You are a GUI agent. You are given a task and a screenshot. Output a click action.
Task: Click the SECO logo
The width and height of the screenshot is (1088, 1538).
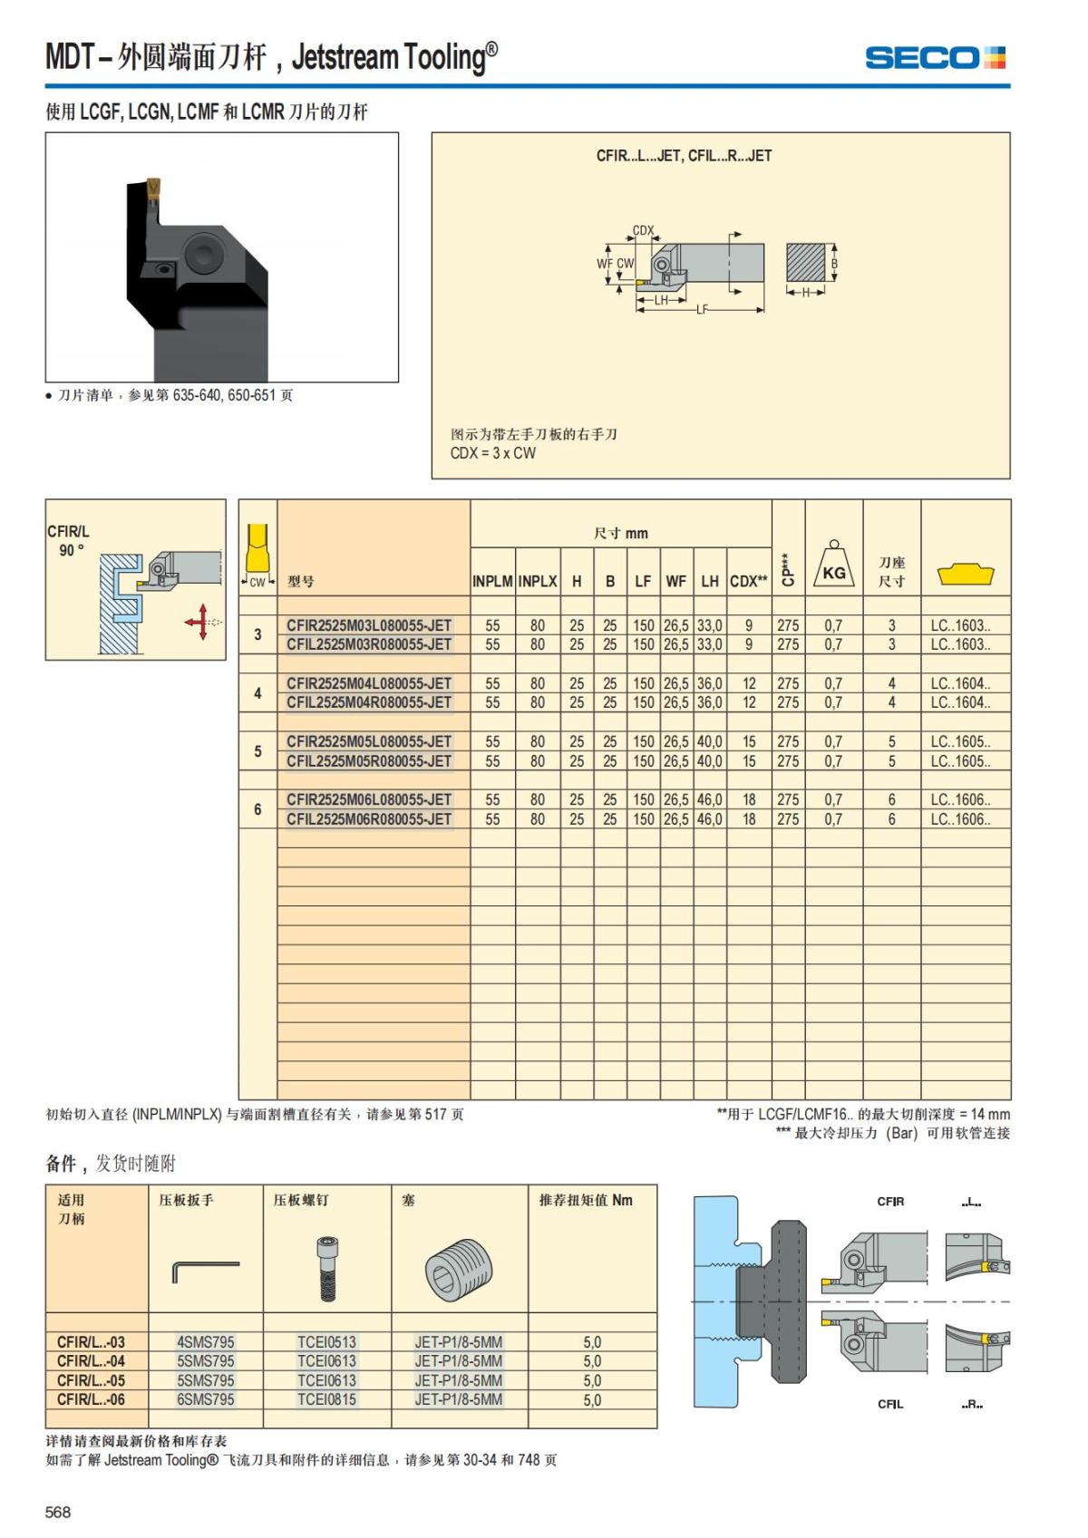coord(935,58)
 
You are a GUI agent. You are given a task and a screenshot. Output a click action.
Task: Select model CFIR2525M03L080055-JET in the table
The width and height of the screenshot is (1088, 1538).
coord(369,625)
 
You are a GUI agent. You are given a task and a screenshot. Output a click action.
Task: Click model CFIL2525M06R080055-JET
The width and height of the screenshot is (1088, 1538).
coord(369,819)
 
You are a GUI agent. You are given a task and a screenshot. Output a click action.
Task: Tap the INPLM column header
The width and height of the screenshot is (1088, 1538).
coord(492,582)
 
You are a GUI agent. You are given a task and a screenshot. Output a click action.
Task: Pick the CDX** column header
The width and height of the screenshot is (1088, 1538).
coord(749,582)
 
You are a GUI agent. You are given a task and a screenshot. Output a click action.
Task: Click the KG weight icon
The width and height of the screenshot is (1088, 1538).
coord(833,566)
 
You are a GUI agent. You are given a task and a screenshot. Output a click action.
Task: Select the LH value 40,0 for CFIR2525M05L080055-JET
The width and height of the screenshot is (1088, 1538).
coord(710,742)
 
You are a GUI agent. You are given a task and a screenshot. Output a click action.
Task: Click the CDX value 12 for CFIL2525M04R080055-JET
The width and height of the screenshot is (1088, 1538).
coord(749,702)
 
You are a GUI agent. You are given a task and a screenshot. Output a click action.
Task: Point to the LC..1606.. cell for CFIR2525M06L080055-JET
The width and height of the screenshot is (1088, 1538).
coord(960,800)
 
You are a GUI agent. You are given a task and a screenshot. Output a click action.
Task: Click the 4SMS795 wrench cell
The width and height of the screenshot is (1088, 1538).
coord(206,1342)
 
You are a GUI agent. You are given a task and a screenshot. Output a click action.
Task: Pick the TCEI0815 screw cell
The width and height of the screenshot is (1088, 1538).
coord(326,1400)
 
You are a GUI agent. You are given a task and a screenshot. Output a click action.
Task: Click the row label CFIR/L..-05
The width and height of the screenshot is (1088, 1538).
coord(91,1381)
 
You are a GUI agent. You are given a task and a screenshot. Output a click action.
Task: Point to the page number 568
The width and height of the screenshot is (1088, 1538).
coord(58,1512)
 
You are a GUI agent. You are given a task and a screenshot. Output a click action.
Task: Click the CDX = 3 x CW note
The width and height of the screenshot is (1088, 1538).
coord(493,453)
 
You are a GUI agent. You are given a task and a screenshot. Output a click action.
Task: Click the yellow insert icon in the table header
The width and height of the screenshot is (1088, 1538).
coord(966,575)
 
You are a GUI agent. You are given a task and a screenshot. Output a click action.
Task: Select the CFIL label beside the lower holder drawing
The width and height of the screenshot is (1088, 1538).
coord(890,1404)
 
